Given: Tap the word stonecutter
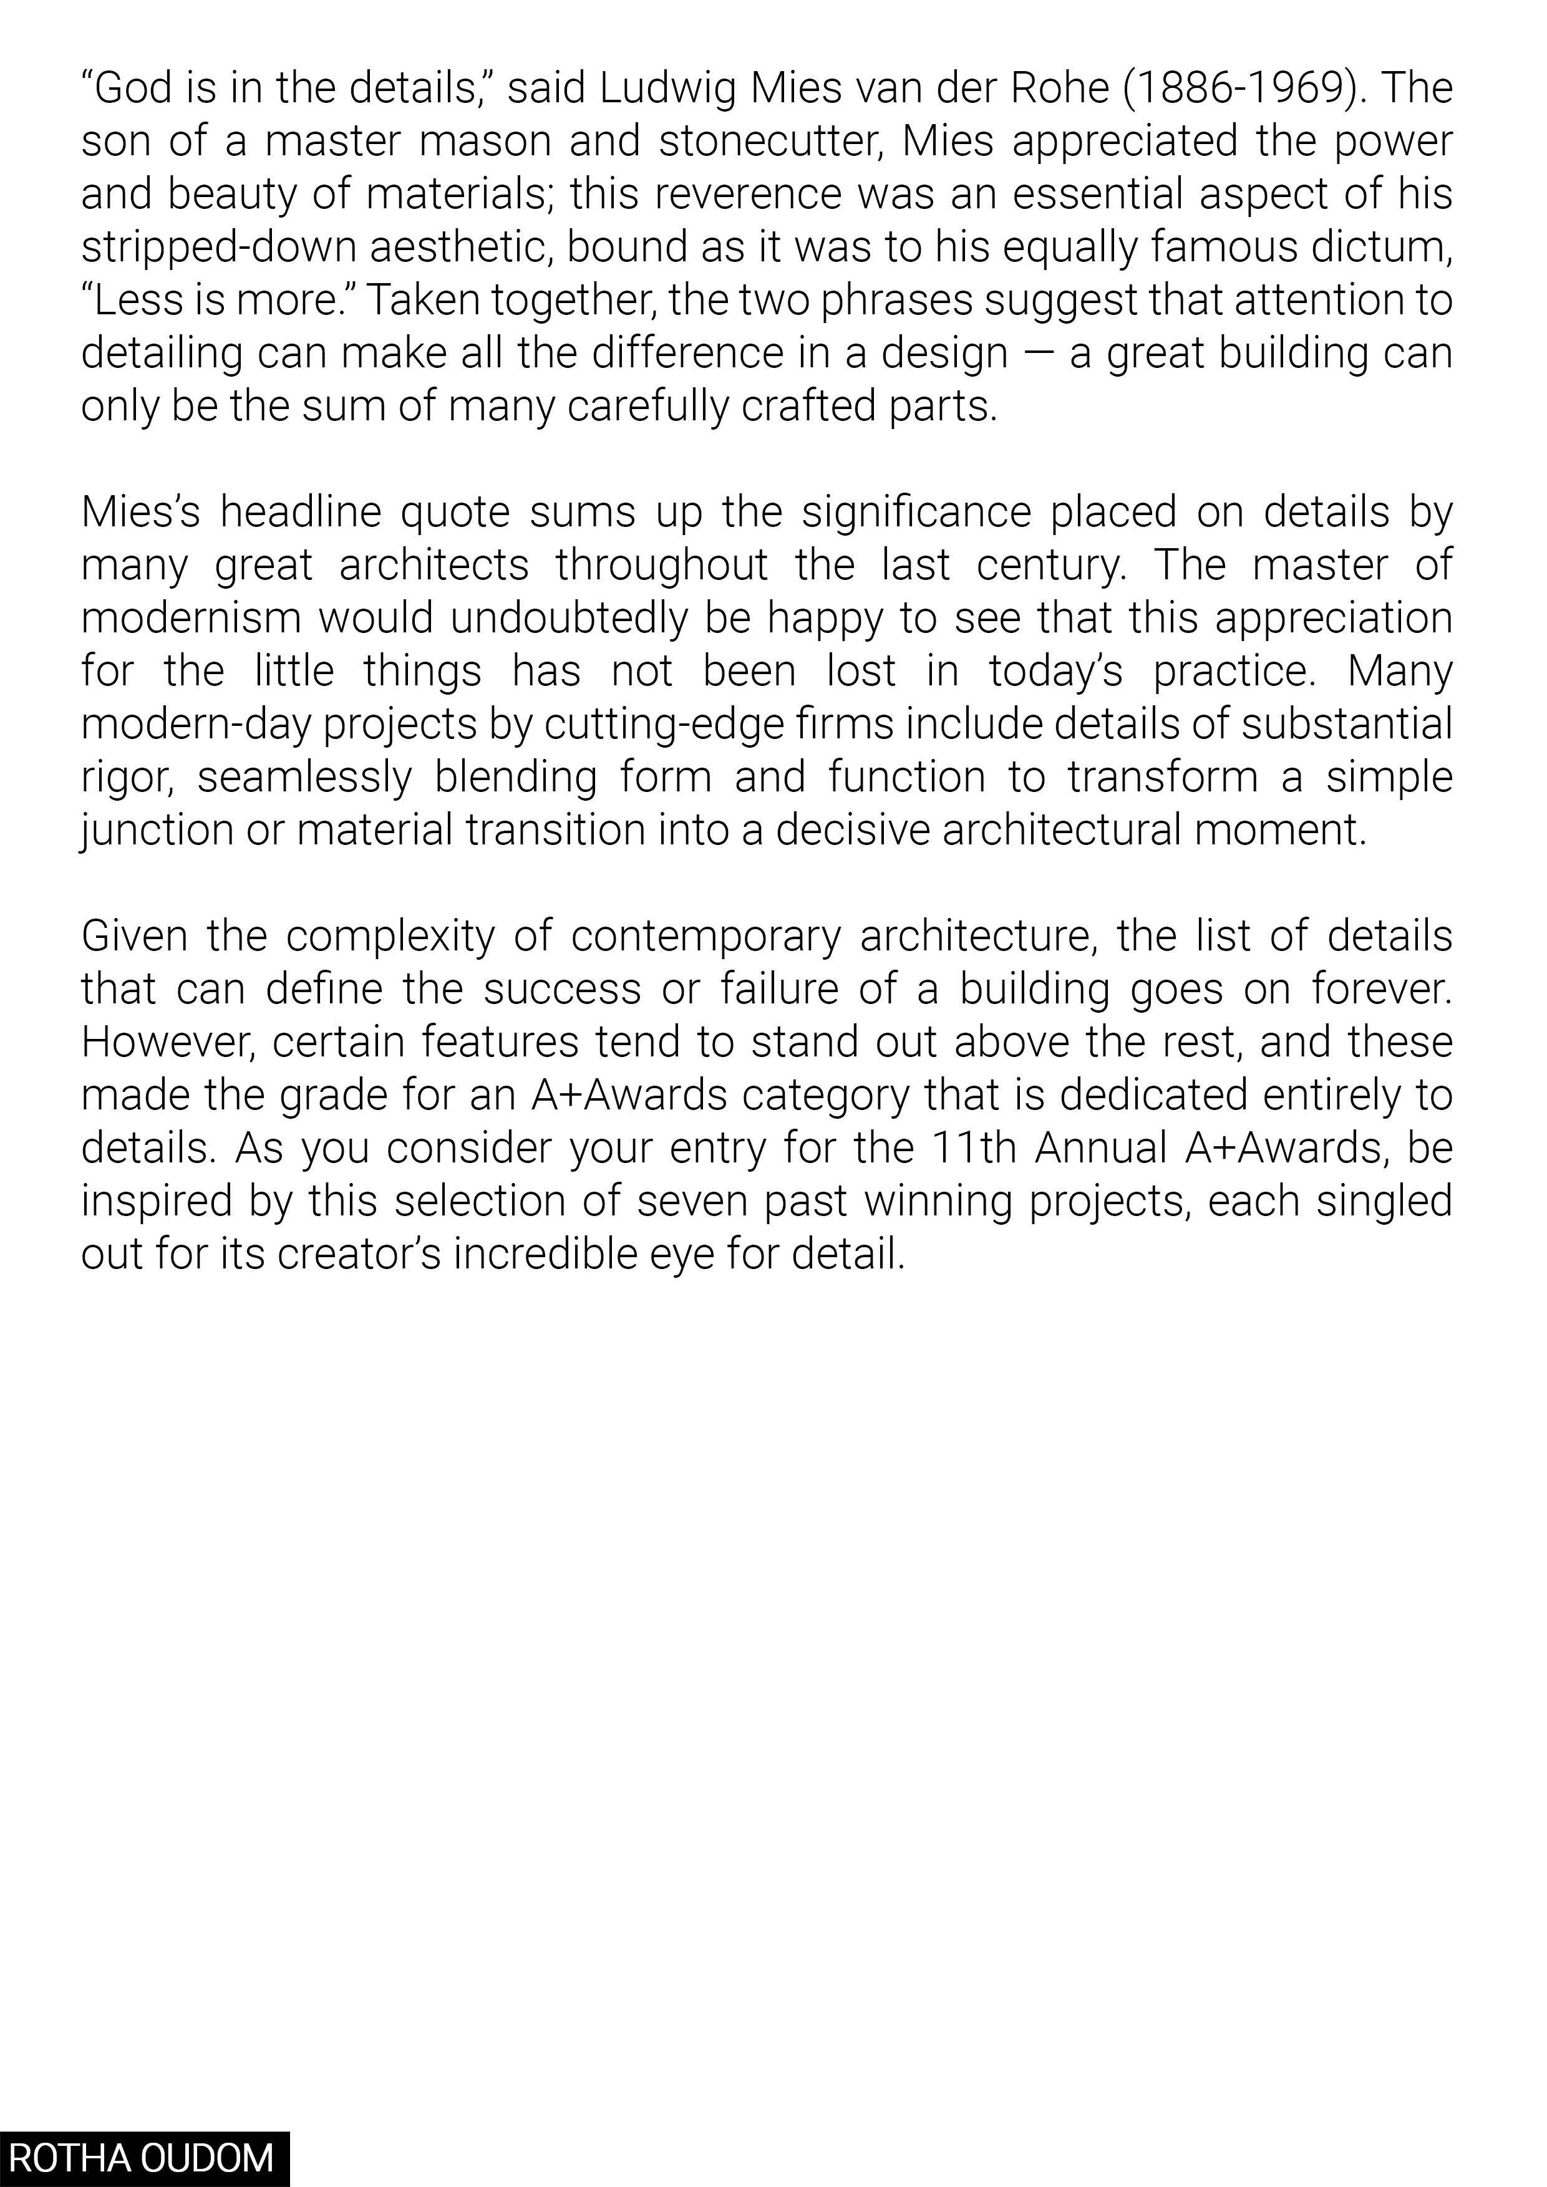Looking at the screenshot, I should coord(770,142).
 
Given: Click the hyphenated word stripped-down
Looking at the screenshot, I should coord(218,248).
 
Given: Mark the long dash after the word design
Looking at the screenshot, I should coord(1039,354).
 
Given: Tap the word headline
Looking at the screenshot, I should coord(300,513).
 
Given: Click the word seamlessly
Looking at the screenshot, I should coord(304,777).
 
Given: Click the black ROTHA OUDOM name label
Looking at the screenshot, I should coord(143,2158).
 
